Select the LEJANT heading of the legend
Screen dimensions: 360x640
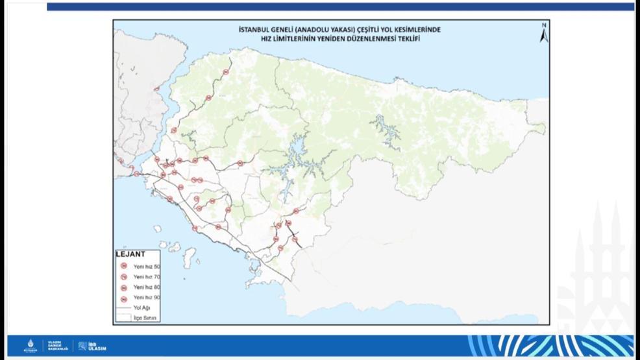[x=130, y=254]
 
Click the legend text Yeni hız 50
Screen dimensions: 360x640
[x=147, y=266]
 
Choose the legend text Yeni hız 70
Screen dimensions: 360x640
[x=147, y=276]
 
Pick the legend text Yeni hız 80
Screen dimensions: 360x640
[x=147, y=287]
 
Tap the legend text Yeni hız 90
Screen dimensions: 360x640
[x=147, y=297]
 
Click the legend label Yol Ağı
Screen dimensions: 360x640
[x=142, y=307]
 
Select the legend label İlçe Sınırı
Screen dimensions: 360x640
[x=145, y=318]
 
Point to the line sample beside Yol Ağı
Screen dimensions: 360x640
[x=123, y=307]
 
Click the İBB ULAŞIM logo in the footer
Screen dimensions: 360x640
[x=92, y=346]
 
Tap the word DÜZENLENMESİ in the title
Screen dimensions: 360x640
[x=368, y=38]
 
